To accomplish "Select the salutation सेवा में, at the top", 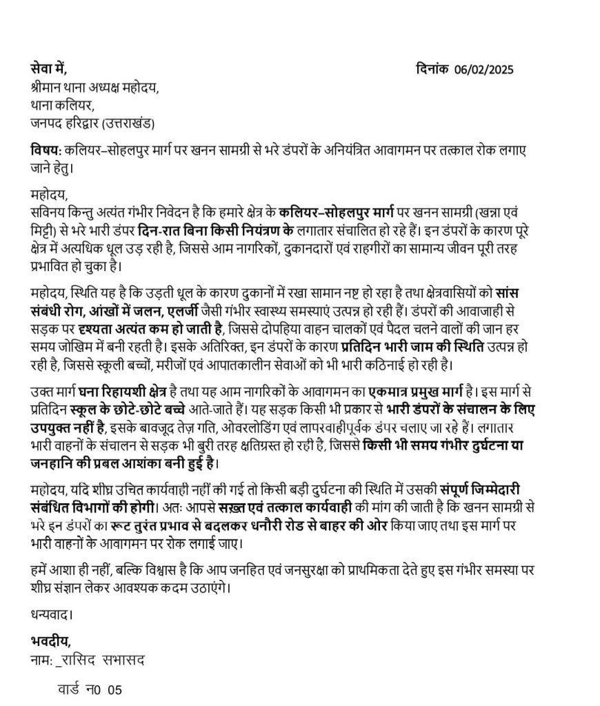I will (x=49, y=70).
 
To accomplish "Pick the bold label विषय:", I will (x=46, y=150).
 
